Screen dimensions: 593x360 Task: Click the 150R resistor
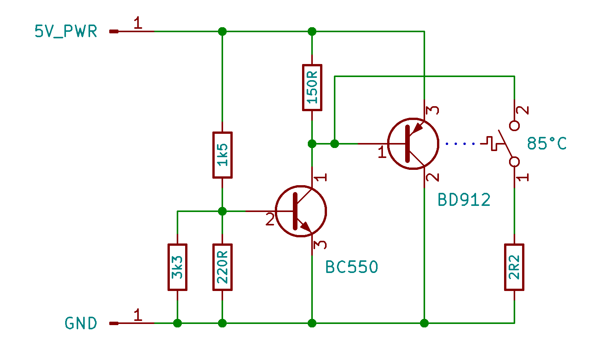(312, 87)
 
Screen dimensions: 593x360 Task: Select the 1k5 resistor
(222, 155)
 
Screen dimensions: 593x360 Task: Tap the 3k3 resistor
(177, 267)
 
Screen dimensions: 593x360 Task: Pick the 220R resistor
(222, 267)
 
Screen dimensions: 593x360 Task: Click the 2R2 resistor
(514, 267)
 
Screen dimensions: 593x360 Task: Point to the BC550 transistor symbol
(301, 211)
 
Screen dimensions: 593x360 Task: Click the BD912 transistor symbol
(413, 144)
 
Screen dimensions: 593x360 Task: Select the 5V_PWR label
(66, 31)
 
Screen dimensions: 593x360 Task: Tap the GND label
(81, 323)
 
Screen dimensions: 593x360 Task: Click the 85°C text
(547, 144)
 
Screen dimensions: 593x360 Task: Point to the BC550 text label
(352, 267)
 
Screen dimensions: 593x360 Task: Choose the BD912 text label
(464, 200)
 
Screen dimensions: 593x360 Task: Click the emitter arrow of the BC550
(306, 227)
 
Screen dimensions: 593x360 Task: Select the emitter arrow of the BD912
(418, 128)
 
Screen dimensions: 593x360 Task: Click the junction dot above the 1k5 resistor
(222, 31)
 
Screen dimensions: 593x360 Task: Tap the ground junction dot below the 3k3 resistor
(177, 323)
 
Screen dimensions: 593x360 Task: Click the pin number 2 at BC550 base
(270, 219)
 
